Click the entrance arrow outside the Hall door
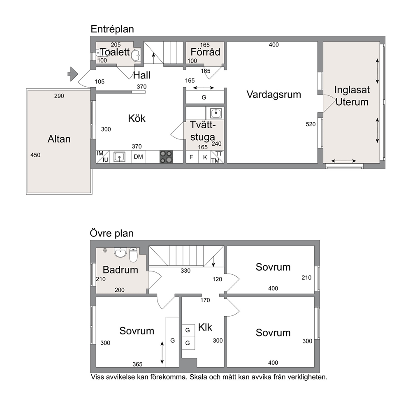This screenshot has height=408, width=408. tap(73, 74)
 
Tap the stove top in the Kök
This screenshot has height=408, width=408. tap(166, 157)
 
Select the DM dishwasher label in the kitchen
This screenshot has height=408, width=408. tap(139, 157)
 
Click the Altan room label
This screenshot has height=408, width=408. tap(59, 139)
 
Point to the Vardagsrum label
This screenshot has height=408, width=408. tap(274, 95)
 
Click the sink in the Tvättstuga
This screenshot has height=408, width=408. tap(216, 113)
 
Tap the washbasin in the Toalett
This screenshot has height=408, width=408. tap(136, 55)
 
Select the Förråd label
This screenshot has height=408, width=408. tap(205, 52)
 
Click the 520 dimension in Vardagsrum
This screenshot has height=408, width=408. tap(311, 124)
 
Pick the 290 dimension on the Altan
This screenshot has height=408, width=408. tap(59, 96)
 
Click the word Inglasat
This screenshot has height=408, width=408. tap(352, 90)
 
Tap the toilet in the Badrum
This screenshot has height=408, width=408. tap(133, 255)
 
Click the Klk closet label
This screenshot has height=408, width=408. tap(205, 327)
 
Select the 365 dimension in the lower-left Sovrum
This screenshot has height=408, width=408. tap(137, 364)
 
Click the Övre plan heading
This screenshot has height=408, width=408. tap(111, 233)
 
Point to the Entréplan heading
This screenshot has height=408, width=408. tap(112, 29)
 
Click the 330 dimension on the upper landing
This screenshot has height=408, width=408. tap(185, 271)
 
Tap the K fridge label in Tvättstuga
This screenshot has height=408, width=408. tap(205, 157)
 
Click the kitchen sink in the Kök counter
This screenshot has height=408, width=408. tap(119, 157)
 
